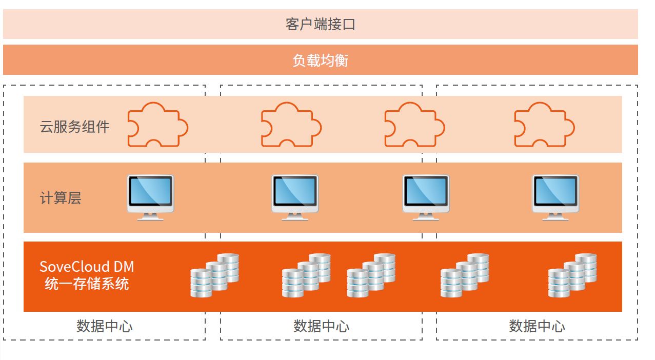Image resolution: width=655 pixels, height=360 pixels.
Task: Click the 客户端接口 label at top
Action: pyautogui.click(x=320, y=24)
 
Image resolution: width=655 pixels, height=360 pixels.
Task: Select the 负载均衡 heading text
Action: pyautogui.click(x=320, y=61)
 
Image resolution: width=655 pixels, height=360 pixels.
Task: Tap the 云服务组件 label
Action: pyautogui.click(x=75, y=127)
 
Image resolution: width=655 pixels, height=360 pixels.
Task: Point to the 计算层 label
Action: pyautogui.click(x=61, y=198)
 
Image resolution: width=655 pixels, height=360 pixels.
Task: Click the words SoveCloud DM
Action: pyautogui.click(x=87, y=267)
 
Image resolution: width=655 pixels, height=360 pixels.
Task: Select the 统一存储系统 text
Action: pyautogui.click(x=87, y=284)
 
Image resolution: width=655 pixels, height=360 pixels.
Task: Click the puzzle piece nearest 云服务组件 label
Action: pyautogui.click(x=157, y=125)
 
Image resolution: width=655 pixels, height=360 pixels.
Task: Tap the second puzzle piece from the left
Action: pyautogui.click(x=291, y=125)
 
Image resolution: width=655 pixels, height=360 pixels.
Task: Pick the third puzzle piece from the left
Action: pyautogui.click(x=414, y=125)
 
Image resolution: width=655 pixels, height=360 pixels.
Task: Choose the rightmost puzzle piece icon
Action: pyautogui.click(x=544, y=125)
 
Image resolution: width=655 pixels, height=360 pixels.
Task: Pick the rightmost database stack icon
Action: pyautogui.click(x=572, y=275)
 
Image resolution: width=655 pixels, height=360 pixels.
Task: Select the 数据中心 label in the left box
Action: pyautogui.click(x=105, y=326)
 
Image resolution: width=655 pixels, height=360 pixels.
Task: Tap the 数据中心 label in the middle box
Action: pyautogui.click(x=321, y=326)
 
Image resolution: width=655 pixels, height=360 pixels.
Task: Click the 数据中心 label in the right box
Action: pyautogui.click(x=537, y=326)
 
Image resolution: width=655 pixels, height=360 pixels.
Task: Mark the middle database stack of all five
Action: pyautogui.click(x=371, y=275)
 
